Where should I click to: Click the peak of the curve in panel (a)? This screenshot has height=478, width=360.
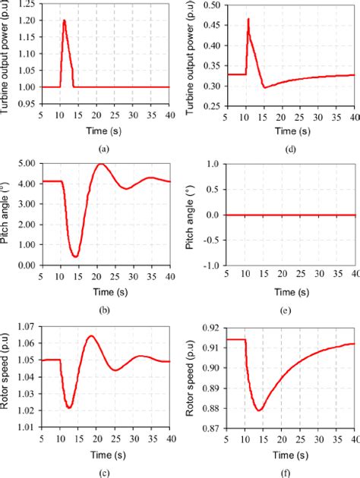click(64, 20)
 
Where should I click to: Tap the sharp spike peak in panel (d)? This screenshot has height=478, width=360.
click(248, 19)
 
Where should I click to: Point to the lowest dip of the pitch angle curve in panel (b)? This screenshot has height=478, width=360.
click(75, 256)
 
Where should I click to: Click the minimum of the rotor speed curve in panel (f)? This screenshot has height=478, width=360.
click(259, 410)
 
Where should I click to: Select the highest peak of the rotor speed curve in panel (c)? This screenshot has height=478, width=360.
click(90, 335)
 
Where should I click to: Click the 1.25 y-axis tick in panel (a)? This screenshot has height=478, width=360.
click(24, 5)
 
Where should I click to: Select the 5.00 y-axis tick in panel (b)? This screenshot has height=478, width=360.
click(24, 164)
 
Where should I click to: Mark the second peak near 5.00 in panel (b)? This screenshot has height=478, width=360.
click(100, 165)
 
